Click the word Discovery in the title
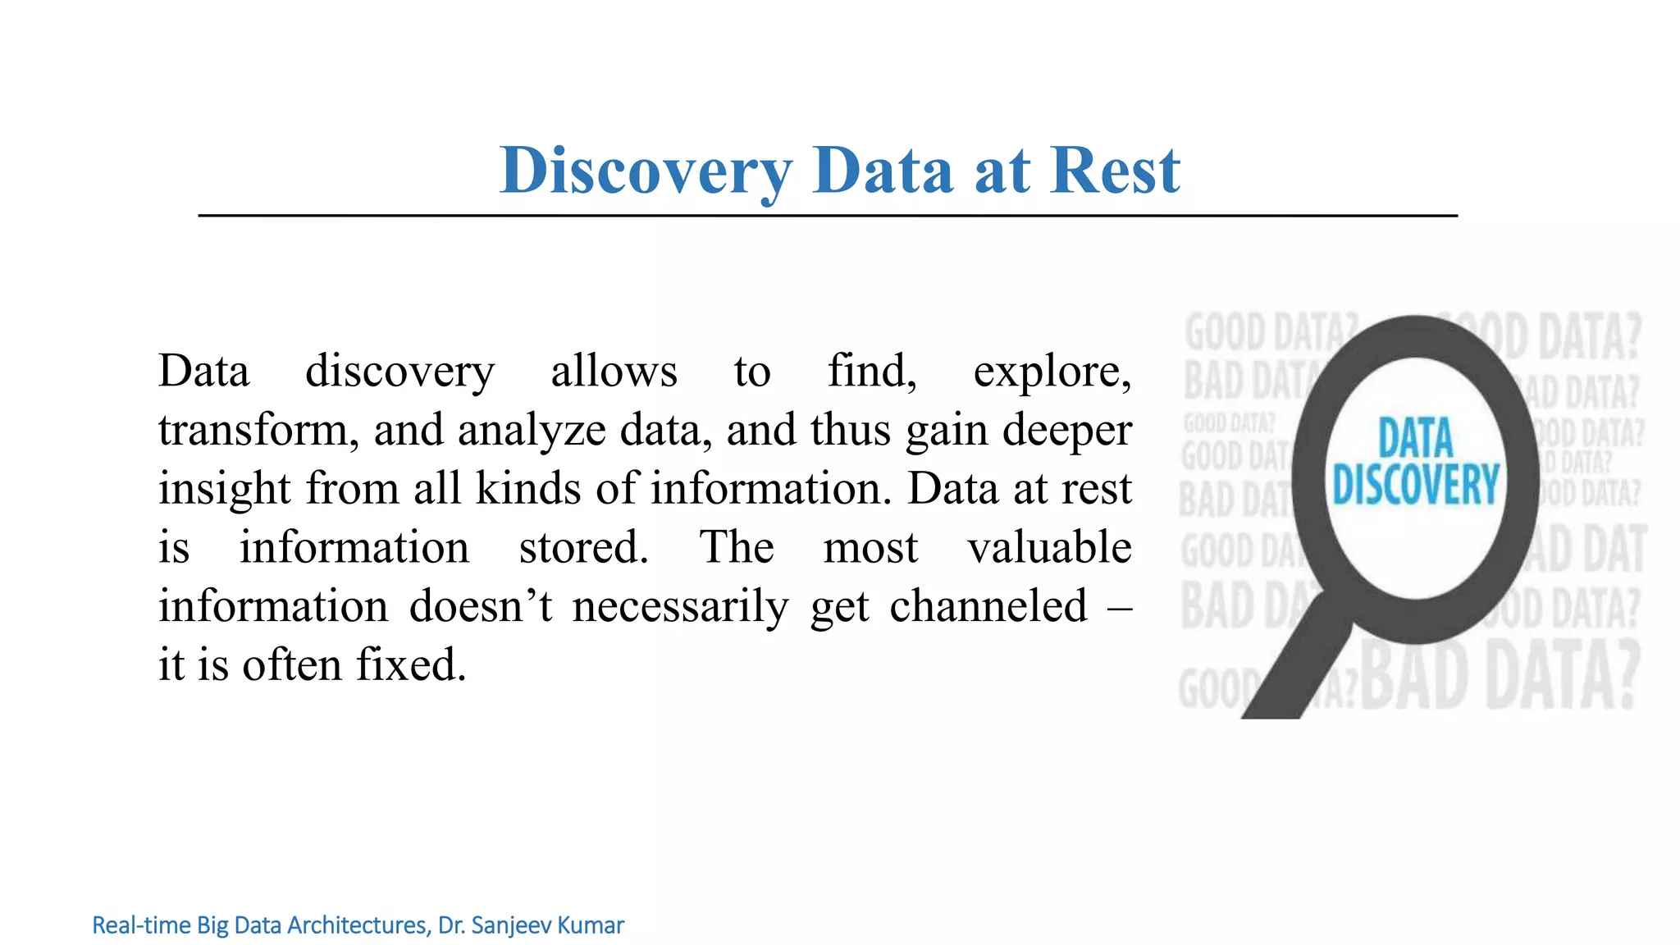(x=646, y=171)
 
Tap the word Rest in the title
(x=1115, y=171)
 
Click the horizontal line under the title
(x=827, y=216)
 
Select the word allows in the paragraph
(x=614, y=371)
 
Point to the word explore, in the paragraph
(x=1052, y=371)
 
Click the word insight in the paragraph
(x=224, y=488)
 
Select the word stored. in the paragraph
(x=583, y=547)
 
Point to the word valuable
(x=1049, y=547)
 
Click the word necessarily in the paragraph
(x=680, y=606)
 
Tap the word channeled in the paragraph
(x=988, y=606)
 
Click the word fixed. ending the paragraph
(x=411, y=664)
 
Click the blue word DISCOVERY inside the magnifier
(x=1415, y=484)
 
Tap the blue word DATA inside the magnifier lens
(x=1415, y=438)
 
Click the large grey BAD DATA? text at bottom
(x=1501, y=676)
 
